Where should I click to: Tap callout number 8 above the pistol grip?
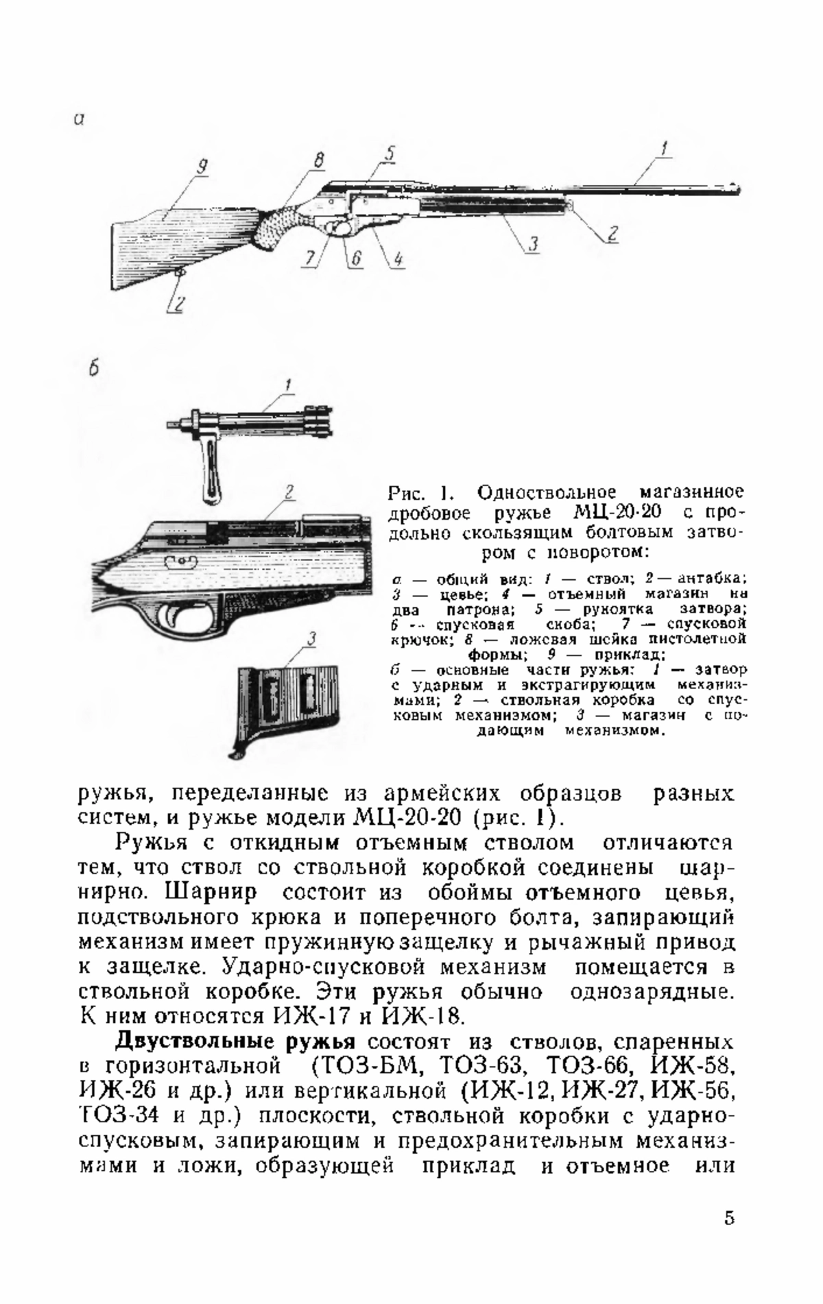pyautogui.click(x=318, y=160)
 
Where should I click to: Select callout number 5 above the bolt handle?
pyautogui.click(x=389, y=154)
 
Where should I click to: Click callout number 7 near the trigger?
pyautogui.click(x=311, y=258)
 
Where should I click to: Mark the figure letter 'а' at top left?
pyautogui.click(x=79, y=119)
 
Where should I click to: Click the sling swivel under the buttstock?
pyautogui.click(x=180, y=274)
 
